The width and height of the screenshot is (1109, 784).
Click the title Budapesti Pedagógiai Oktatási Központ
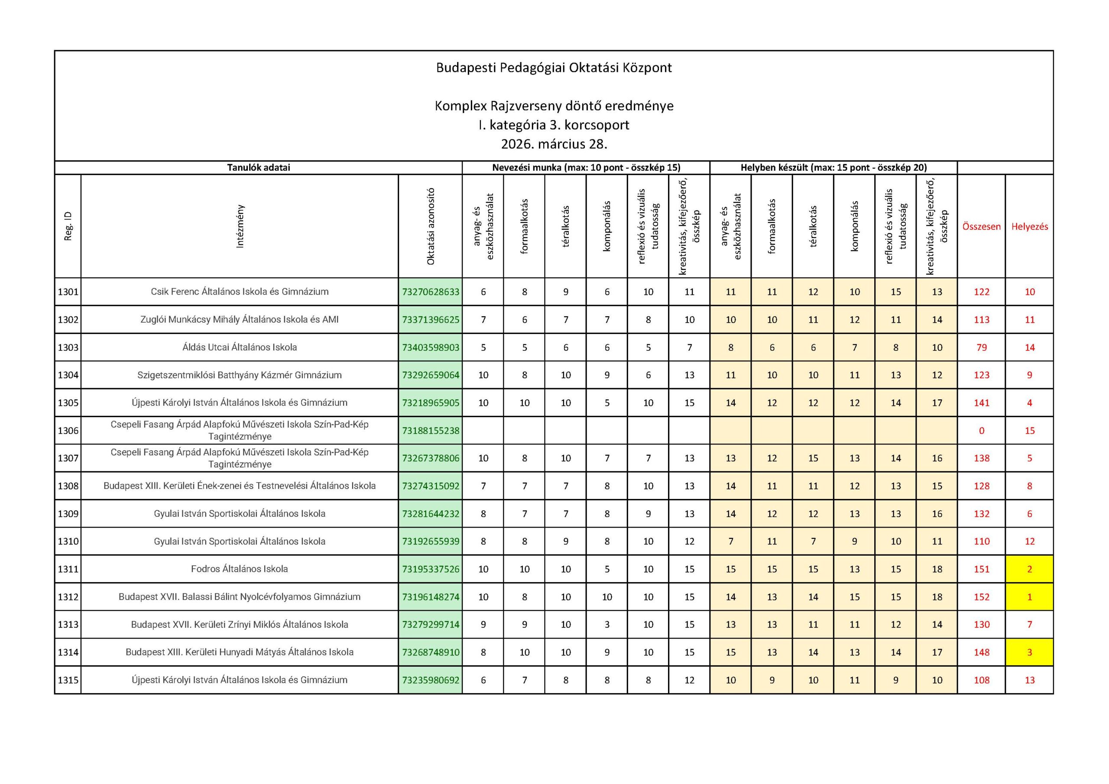(x=554, y=68)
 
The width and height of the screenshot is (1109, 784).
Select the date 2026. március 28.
(x=554, y=144)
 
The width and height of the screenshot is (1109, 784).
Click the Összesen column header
(x=981, y=227)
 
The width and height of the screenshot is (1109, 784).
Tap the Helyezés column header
(x=1029, y=227)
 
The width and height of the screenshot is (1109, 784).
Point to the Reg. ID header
(x=68, y=226)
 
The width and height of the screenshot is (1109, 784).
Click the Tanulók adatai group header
(x=259, y=168)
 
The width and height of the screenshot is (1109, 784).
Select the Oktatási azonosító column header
(x=430, y=226)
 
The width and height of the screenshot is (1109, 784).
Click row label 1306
(x=68, y=431)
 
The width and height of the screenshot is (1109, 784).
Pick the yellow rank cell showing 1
(x=1029, y=596)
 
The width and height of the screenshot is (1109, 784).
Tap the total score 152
(x=981, y=596)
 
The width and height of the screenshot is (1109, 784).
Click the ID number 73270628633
(x=430, y=292)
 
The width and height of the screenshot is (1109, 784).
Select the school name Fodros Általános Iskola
(x=239, y=569)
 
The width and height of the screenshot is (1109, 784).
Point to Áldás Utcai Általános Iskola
(x=239, y=347)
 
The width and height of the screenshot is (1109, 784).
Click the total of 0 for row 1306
(x=981, y=431)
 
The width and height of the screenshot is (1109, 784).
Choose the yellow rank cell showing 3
(x=1029, y=652)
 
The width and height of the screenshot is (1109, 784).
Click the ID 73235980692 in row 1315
(x=430, y=680)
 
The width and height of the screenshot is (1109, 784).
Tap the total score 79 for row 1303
(x=981, y=347)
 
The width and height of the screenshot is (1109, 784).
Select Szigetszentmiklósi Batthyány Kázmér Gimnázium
(x=239, y=375)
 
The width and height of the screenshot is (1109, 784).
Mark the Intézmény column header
(x=240, y=226)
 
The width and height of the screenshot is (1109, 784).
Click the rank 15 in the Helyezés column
(x=1029, y=431)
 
